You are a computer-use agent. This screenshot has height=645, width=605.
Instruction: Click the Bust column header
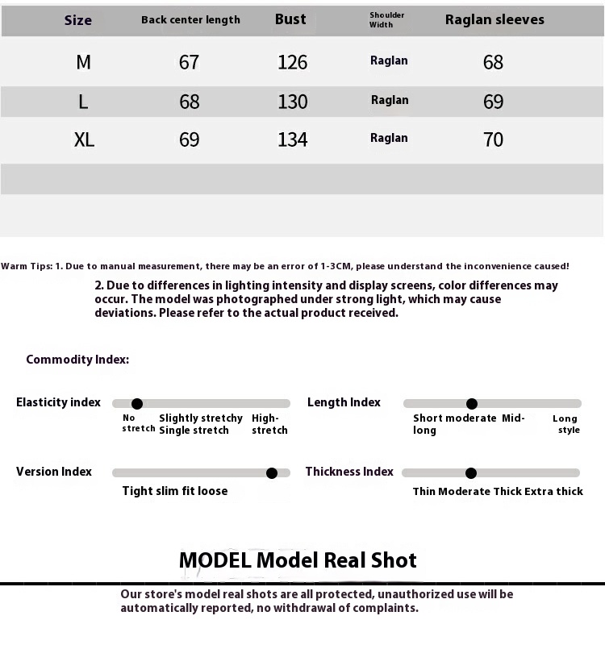click(x=290, y=19)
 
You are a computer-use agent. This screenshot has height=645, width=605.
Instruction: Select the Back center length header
click(x=190, y=20)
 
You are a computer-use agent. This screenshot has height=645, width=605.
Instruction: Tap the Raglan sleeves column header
click(x=494, y=19)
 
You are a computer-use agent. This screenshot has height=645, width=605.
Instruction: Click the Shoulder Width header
click(x=386, y=20)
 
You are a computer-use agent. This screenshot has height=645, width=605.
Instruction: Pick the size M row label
click(x=83, y=62)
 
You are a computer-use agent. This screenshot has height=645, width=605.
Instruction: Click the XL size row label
click(x=84, y=139)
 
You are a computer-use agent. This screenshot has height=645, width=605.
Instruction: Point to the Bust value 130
click(x=292, y=102)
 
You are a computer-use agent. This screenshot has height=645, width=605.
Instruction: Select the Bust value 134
click(x=292, y=139)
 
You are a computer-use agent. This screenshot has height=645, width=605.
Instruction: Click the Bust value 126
click(x=292, y=62)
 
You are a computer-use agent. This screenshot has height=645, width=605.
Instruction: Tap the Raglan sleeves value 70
click(x=493, y=139)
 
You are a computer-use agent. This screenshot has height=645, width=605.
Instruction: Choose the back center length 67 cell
click(x=189, y=62)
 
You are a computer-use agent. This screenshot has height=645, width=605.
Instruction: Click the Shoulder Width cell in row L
click(x=390, y=101)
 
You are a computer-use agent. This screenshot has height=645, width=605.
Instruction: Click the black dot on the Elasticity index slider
click(x=137, y=404)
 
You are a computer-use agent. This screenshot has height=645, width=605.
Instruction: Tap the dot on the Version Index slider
click(x=272, y=473)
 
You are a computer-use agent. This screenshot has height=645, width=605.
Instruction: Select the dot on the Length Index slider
click(x=472, y=404)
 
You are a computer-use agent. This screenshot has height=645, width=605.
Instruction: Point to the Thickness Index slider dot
click(x=471, y=473)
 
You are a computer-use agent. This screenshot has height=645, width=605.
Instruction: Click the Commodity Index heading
click(x=77, y=360)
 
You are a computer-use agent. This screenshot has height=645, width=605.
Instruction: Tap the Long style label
click(x=566, y=424)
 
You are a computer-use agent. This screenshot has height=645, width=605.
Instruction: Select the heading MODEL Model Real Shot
click(x=298, y=560)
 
